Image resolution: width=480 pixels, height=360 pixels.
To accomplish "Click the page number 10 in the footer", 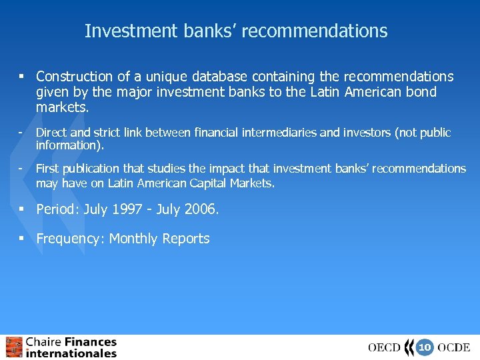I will (424, 347).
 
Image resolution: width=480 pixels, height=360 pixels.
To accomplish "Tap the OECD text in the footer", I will (385, 347).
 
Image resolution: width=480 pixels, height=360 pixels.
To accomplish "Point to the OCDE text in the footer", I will (454, 347).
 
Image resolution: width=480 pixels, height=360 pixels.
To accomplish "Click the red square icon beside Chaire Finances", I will (14, 347).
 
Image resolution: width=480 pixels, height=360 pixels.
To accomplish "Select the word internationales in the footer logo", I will (71, 353).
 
